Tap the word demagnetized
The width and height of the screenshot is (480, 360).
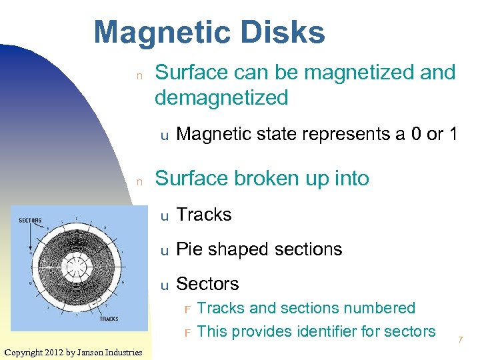221,98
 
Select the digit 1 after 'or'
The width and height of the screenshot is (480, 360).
453,134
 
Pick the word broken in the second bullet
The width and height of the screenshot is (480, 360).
259,179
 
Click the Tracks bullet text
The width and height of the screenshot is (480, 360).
203,215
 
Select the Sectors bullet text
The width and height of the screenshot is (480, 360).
207,284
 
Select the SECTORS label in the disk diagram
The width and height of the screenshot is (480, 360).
30,221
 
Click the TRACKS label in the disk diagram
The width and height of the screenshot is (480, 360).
109,319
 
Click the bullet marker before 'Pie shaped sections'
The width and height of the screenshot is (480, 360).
163,251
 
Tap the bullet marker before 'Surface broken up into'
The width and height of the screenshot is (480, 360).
139,181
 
